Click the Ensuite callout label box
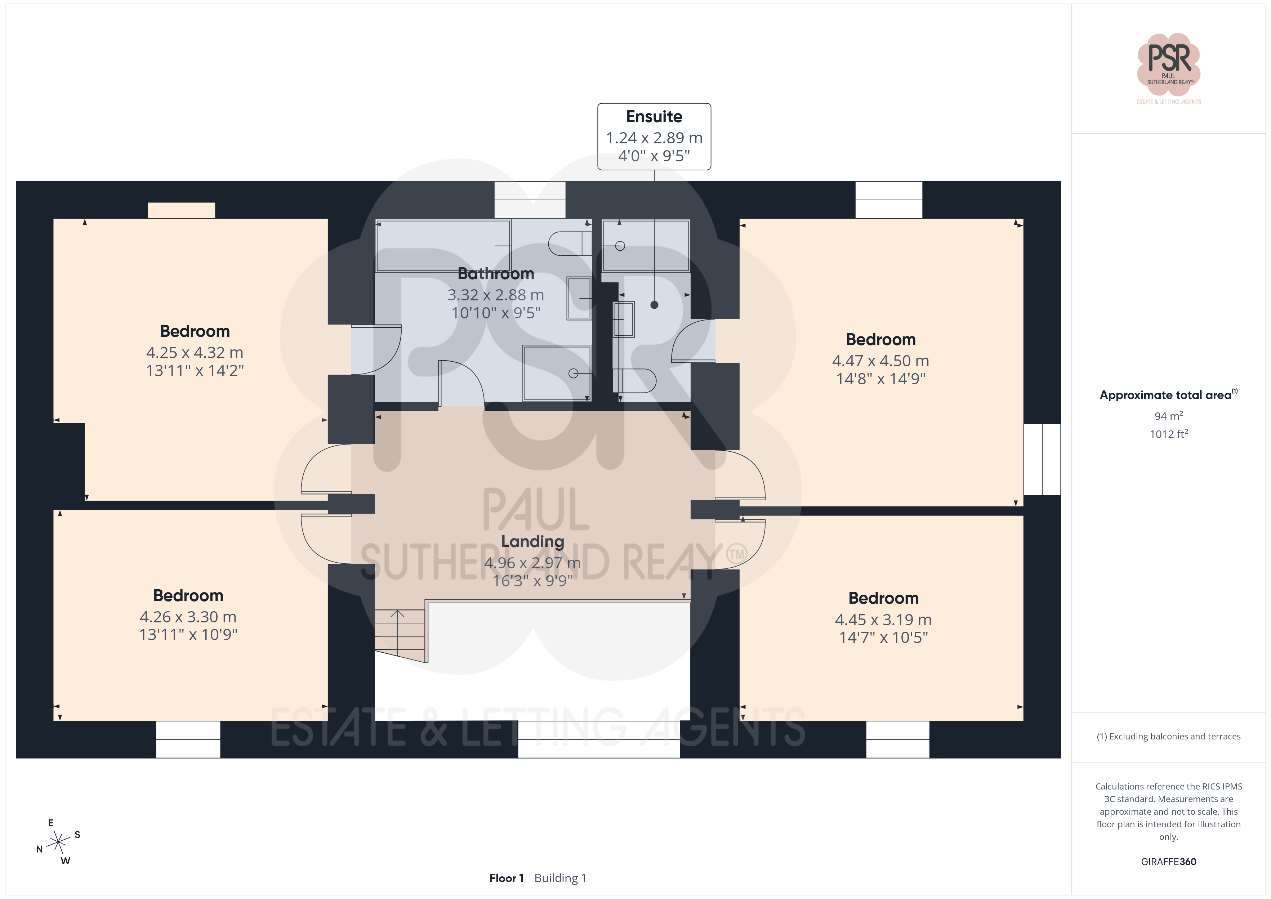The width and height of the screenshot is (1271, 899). (654, 136)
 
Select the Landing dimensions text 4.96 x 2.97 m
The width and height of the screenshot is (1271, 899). (532, 563)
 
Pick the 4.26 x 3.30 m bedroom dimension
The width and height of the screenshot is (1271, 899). (188, 617)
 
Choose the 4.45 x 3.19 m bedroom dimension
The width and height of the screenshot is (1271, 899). (883, 620)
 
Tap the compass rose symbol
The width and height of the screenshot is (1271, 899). (58, 842)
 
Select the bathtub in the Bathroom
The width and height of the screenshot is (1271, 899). (443, 246)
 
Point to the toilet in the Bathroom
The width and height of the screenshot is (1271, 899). (570, 243)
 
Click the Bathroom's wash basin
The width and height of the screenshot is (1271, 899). (579, 298)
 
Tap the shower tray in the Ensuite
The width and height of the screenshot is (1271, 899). (646, 246)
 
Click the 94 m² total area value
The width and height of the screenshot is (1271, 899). (1169, 416)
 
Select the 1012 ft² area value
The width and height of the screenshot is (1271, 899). (1169, 434)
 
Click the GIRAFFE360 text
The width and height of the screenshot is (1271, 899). (1169, 862)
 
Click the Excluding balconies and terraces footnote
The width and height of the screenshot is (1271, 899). (1169, 736)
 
